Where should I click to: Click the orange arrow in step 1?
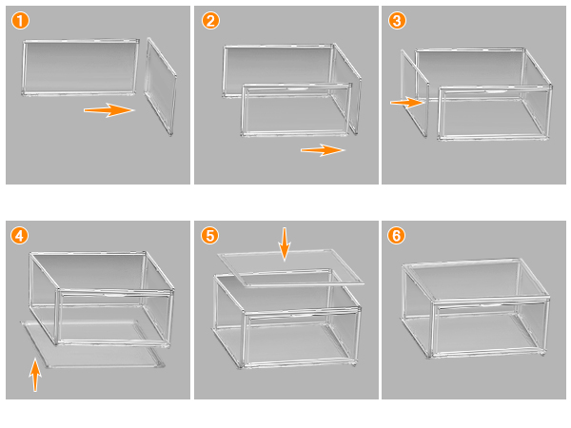pyautogui.click(x=108, y=110)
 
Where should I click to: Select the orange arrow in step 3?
pyautogui.click(x=406, y=102)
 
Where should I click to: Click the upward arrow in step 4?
pyautogui.click(x=35, y=373)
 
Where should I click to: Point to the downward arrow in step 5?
pyautogui.click(x=284, y=243)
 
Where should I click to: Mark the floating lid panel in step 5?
pyautogui.click(x=289, y=269)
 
